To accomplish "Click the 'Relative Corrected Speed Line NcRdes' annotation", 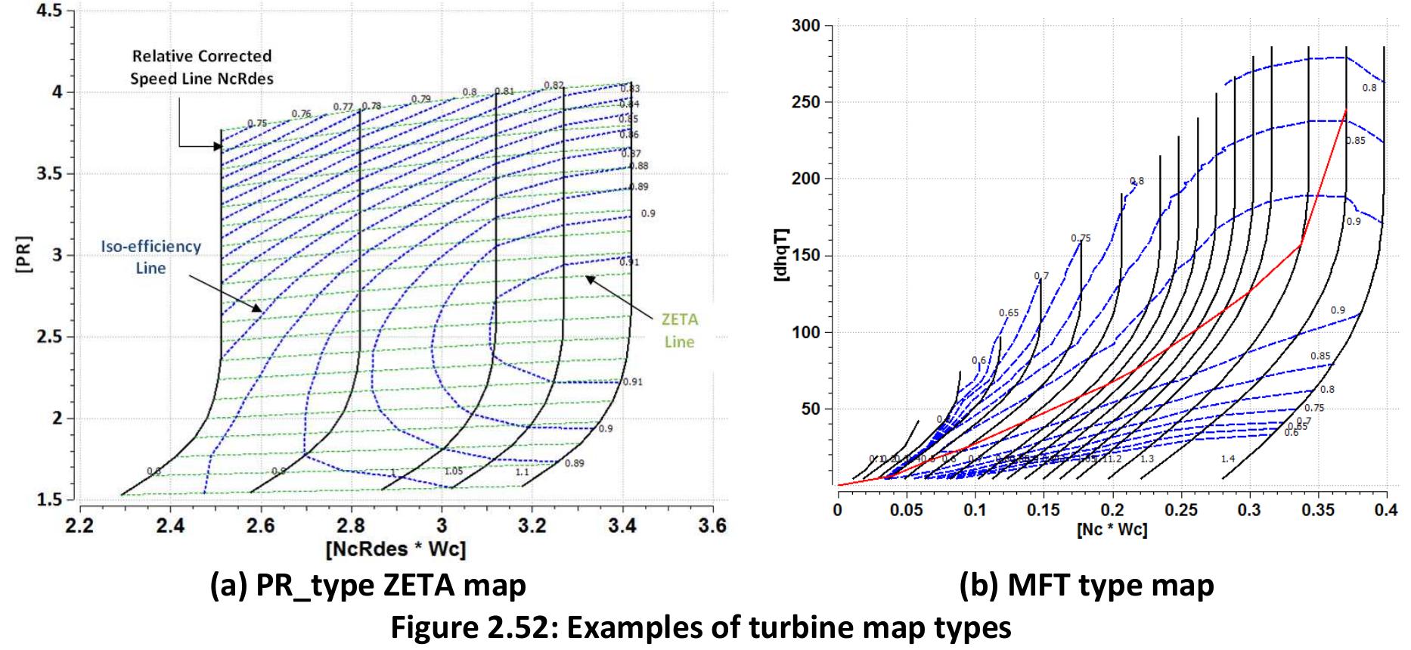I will pyautogui.click(x=201, y=67).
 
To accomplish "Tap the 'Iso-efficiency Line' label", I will pyautogui.click(x=151, y=257).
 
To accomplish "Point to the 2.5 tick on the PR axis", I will pyautogui.click(x=51, y=337).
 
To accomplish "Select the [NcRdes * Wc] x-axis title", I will pyautogui.click(x=395, y=549).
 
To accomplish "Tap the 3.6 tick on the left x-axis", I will pyautogui.click(x=712, y=525).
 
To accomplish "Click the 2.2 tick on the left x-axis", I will pyautogui.click(x=80, y=525).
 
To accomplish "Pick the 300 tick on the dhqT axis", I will pyautogui.click(x=805, y=26).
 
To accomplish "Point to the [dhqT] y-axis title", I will pyautogui.click(x=783, y=256).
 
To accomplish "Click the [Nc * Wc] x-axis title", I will pyautogui.click(x=1112, y=530).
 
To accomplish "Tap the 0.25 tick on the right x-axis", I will pyautogui.click(x=1181, y=510).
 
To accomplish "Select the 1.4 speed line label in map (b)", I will pyautogui.click(x=1227, y=459).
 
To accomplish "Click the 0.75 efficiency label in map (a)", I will pyautogui.click(x=257, y=123).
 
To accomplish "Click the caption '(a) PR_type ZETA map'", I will pyautogui.click(x=367, y=585).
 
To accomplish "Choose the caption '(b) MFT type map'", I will pyautogui.click(x=1087, y=585).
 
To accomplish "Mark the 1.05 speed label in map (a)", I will pyautogui.click(x=453, y=471).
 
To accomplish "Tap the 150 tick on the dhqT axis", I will pyautogui.click(x=805, y=256).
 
